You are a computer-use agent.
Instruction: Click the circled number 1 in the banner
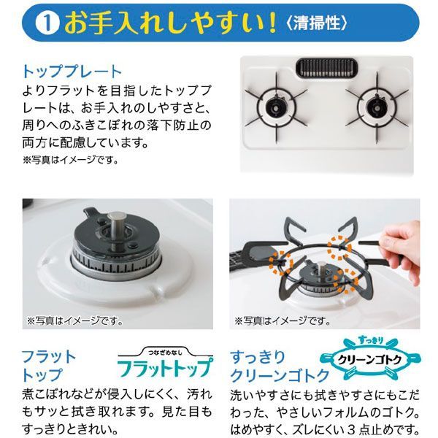[47, 23]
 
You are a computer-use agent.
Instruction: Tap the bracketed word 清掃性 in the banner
[317, 23]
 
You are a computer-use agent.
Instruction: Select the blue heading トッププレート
[72, 72]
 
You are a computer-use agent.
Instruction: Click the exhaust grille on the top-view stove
[327, 68]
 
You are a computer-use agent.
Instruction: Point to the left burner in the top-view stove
[276, 107]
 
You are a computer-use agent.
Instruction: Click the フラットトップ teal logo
[165, 369]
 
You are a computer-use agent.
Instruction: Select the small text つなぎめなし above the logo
[165, 353]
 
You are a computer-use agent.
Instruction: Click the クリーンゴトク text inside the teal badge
[370, 359]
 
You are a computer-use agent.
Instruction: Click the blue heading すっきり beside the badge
[258, 357]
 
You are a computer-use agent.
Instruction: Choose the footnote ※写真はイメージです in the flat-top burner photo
[74, 320]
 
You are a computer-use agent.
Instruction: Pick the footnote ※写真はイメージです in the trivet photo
[283, 320]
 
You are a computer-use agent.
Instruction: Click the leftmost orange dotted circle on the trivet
[281, 264]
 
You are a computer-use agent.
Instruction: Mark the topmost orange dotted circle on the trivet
[339, 247]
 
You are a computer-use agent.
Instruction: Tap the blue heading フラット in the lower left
[49, 357]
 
